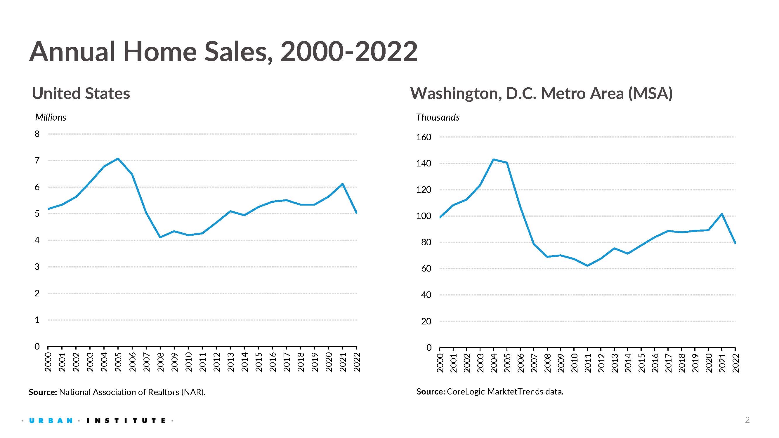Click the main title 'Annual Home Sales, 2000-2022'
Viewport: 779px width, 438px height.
coord(223,52)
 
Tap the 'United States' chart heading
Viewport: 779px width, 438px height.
coord(81,93)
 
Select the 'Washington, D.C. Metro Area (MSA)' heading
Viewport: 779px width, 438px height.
coord(541,93)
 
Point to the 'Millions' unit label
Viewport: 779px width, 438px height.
coord(51,117)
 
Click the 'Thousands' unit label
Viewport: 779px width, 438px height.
coord(438,117)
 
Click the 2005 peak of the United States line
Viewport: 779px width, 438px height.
coord(118,158)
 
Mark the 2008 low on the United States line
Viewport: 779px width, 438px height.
coord(160,237)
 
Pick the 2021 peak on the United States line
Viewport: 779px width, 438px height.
coord(342,184)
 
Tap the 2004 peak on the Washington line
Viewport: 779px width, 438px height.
coord(493,159)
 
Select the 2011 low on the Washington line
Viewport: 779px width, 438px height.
coord(587,266)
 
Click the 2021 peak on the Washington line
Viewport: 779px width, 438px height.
coord(722,214)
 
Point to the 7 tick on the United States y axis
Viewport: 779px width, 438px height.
coord(37,161)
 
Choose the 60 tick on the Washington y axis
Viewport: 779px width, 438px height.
coord(426,268)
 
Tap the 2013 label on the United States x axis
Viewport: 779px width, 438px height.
coord(230,362)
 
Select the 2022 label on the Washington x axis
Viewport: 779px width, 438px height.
coord(735,363)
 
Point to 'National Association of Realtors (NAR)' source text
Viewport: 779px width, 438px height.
coord(132,392)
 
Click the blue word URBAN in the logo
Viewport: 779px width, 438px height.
coord(51,420)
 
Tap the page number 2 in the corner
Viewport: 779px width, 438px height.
coord(747,420)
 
